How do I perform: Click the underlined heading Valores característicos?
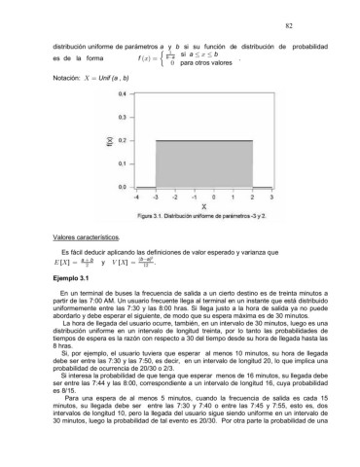pyautogui.click(x=81, y=237)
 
